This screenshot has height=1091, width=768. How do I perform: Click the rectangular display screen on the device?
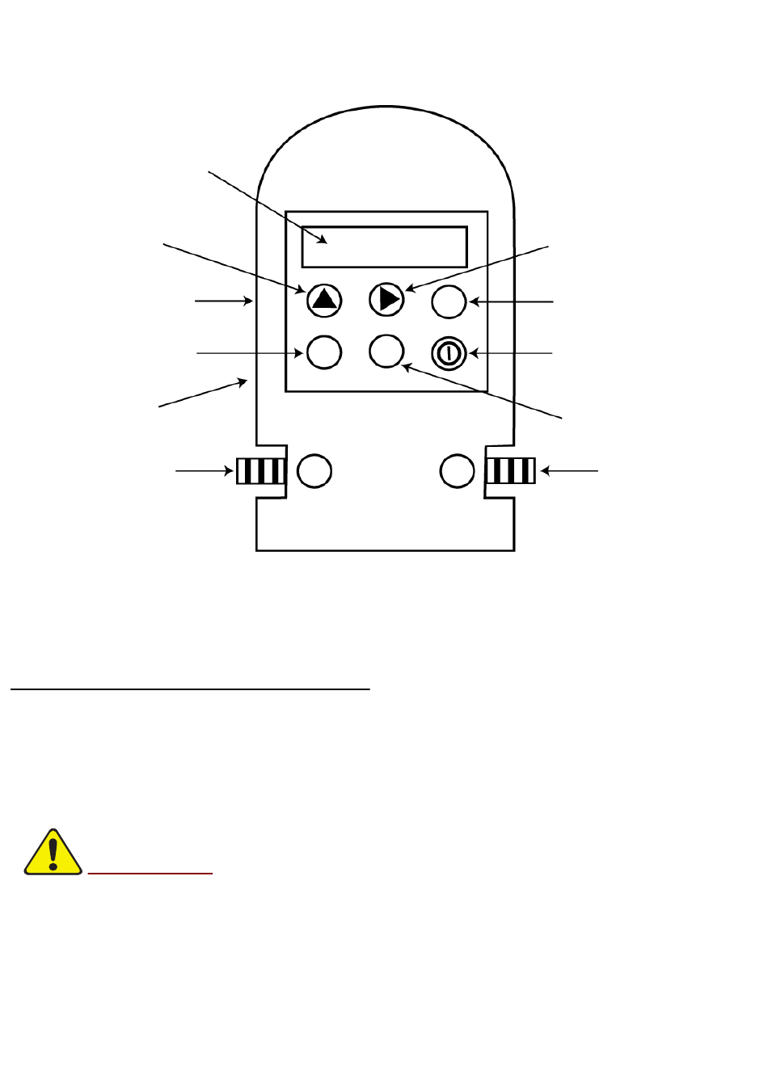[x=385, y=246]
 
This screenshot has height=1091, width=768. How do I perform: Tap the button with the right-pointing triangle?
[x=386, y=299]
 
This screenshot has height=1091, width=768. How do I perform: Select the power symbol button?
[x=449, y=353]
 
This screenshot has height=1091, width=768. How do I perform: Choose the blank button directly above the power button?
[x=449, y=301]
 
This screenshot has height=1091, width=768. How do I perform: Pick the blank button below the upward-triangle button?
[x=324, y=352]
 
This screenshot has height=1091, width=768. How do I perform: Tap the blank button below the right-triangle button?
[x=386, y=352]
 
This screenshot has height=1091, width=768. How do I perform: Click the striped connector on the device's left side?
[x=260, y=470]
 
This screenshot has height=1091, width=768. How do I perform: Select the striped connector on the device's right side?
[x=511, y=470]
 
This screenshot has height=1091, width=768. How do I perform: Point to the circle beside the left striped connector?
[x=314, y=470]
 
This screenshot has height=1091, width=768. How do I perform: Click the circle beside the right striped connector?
[x=457, y=470]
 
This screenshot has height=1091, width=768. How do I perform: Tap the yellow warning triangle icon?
[x=53, y=853]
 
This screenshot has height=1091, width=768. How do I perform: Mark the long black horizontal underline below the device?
[x=190, y=689]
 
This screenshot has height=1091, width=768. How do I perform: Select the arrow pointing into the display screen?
[x=268, y=207]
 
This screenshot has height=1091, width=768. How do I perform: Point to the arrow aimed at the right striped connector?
[x=569, y=470]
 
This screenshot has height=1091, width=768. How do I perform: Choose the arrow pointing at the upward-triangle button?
[x=234, y=266]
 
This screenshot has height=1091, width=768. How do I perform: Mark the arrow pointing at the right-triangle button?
[x=477, y=266]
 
